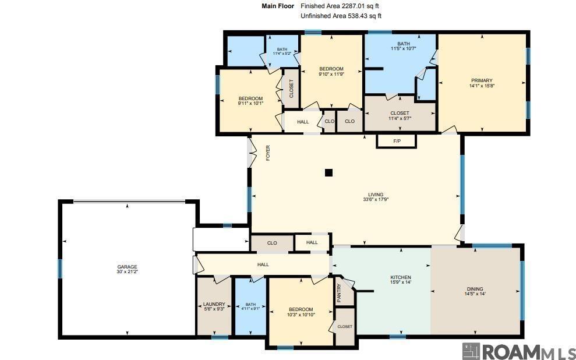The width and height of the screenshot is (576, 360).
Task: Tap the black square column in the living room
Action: [328, 172]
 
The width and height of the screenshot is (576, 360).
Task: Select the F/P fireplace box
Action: [397, 141]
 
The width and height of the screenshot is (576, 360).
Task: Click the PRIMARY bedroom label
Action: [482, 81]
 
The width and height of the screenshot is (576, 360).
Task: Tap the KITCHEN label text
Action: [400, 277]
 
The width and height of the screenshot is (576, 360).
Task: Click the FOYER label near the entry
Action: [268, 153]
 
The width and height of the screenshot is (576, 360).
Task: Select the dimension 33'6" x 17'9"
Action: [375, 199]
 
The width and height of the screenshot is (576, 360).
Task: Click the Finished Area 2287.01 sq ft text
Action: [340, 6]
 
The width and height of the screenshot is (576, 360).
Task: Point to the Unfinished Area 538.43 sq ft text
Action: [341, 16]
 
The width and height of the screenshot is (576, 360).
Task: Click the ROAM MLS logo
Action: [519, 351]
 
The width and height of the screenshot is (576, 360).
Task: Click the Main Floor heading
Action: [278, 6]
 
